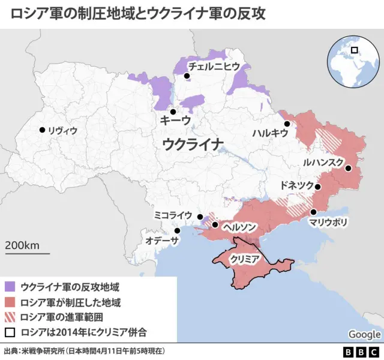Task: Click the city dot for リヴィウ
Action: [x=42, y=130]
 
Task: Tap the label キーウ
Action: [x=175, y=121]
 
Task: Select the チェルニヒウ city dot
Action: [x=187, y=76]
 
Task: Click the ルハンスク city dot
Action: [x=348, y=169]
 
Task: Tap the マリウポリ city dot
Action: [x=313, y=212]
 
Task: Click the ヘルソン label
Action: [x=240, y=227]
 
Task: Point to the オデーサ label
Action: [x=163, y=241]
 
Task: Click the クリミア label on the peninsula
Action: [x=244, y=259]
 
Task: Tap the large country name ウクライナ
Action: [x=193, y=144]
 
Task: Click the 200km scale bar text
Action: [x=23, y=245]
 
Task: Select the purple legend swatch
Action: [x=10, y=287]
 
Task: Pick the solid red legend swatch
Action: [x=10, y=302]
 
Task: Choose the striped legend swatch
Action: [x=10, y=317]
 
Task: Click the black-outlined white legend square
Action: [x=10, y=332]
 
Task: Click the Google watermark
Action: [x=364, y=334]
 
